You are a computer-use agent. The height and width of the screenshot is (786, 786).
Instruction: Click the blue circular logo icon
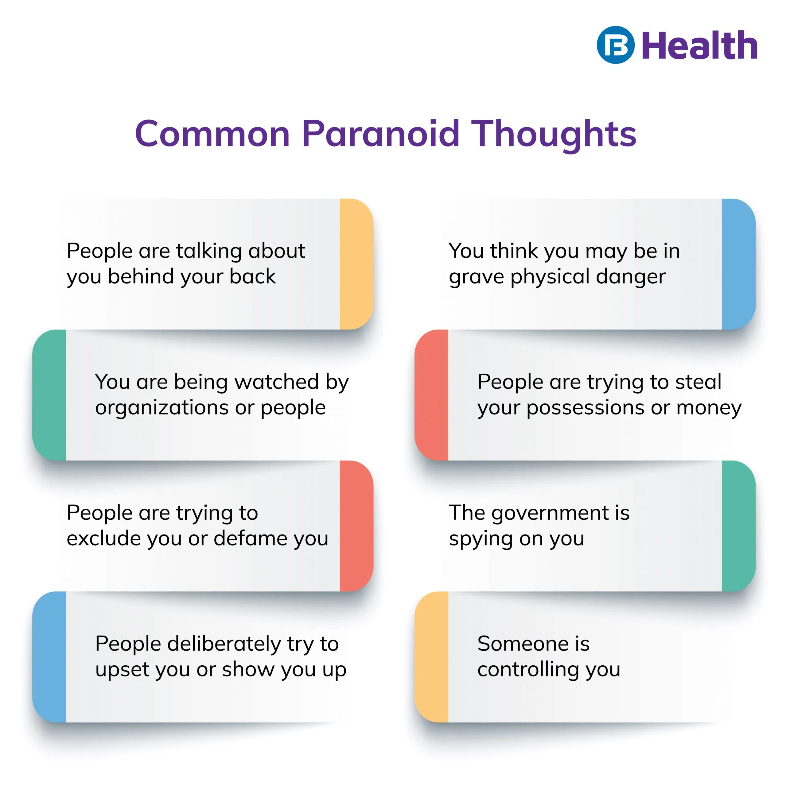tap(616, 45)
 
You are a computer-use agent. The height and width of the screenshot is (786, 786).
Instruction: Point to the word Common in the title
tap(212, 134)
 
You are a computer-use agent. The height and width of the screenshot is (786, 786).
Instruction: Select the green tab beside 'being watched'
tap(49, 395)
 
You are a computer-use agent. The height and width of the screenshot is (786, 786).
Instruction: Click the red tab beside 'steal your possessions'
tap(431, 395)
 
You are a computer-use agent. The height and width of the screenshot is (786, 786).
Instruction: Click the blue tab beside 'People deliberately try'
tap(49, 657)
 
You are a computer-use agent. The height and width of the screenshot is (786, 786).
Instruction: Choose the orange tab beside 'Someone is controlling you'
tap(431, 657)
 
